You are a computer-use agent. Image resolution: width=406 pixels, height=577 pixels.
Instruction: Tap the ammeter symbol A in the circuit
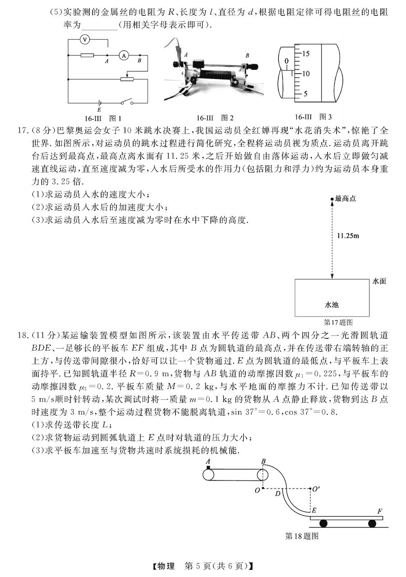(x=124, y=55)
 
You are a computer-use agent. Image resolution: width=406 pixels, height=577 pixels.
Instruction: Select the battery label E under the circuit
(x=99, y=110)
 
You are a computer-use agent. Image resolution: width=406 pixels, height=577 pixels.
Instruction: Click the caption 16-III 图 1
(x=103, y=118)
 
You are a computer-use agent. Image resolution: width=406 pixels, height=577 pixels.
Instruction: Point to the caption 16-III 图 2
(x=215, y=118)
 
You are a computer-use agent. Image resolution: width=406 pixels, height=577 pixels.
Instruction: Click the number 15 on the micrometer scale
(x=305, y=54)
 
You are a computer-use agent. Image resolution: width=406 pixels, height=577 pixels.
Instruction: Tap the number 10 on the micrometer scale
(x=305, y=74)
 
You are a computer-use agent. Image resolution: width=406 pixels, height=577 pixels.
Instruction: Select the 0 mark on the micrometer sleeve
(x=286, y=61)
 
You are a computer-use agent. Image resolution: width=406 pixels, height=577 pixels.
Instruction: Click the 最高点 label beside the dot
(x=346, y=198)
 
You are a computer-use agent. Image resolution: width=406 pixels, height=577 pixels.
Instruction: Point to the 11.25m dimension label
(x=348, y=235)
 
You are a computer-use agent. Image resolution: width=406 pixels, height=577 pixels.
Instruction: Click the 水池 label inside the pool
(x=332, y=305)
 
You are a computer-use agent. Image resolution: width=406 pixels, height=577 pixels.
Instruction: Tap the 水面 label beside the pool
(x=379, y=281)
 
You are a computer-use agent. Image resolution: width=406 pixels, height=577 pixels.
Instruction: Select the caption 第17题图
(x=338, y=322)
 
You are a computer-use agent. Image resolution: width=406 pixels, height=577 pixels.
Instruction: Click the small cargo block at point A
(x=208, y=467)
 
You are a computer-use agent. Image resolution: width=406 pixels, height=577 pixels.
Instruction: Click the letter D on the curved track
(x=277, y=494)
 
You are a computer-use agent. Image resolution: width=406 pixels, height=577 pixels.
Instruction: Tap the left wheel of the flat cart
(x=323, y=523)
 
